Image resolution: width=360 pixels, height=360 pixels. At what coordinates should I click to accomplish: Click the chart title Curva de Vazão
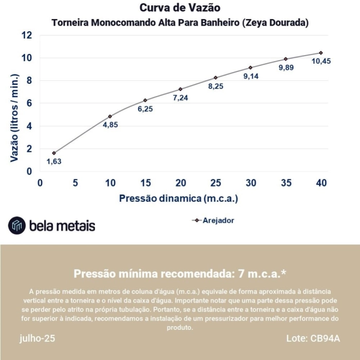point(179,8)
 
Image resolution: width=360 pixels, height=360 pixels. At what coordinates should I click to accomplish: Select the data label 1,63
point(54,161)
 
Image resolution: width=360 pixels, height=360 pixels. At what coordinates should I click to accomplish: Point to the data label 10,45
point(321,61)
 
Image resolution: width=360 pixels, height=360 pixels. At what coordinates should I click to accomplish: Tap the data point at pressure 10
point(110,116)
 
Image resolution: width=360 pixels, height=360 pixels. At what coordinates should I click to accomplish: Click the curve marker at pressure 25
point(215,78)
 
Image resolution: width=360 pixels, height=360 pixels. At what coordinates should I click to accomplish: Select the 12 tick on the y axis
point(26,35)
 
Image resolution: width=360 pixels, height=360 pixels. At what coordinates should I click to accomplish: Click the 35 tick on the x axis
point(286,183)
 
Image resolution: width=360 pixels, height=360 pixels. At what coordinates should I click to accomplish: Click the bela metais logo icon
point(17,225)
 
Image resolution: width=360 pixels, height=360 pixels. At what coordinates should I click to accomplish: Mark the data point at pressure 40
point(321,52)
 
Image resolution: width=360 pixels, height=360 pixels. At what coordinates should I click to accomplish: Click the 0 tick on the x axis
point(40,183)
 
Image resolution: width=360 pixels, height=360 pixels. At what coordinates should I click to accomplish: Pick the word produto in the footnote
point(179,327)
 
